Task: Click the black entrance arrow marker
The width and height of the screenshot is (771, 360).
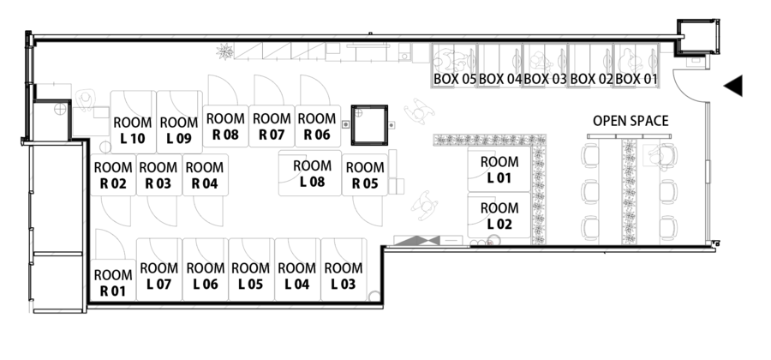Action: pyautogui.click(x=733, y=86)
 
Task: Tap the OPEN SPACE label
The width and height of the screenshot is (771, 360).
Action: pyautogui.click(x=631, y=122)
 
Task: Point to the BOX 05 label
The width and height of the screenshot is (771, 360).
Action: pyautogui.click(x=455, y=79)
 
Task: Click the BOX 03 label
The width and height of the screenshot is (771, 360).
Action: pyautogui.click(x=546, y=79)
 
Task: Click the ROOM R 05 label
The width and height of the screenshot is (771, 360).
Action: pyautogui.click(x=364, y=175)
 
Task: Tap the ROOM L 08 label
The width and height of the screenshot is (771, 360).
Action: pyautogui.click(x=312, y=173)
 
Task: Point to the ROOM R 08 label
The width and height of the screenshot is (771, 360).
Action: pyautogui.click(x=225, y=127)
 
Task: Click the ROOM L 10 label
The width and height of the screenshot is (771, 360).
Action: pyautogui.click(x=133, y=130)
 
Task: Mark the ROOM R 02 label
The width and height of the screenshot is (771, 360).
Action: pyautogui.click(x=112, y=175)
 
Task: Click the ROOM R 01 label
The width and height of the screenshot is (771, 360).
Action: pyautogui.click(x=112, y=283)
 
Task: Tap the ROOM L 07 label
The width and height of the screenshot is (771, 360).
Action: pyautogui.click(x=158, y=276)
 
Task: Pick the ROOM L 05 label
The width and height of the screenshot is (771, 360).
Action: pyautogui.click(x=251, y=276)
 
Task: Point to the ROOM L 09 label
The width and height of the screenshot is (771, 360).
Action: pyautogui.click(x=179, y=130)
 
